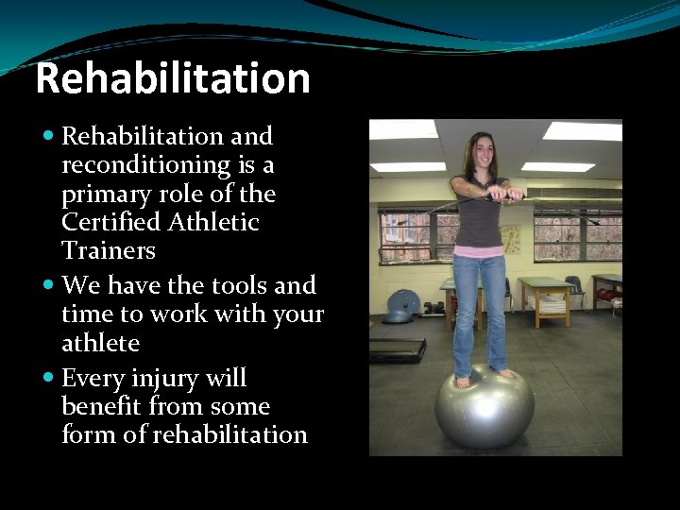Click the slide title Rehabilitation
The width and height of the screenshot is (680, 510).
[173, 78]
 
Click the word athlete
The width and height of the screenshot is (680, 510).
[100, 342]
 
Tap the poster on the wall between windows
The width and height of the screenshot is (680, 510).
[511, 239]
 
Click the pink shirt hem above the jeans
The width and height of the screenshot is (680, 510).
[478, 251]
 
